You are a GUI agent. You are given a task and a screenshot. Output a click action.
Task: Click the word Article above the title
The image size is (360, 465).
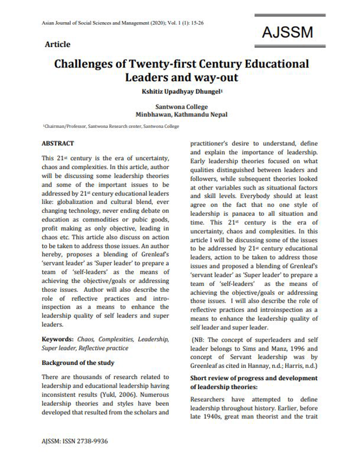click(57, 44)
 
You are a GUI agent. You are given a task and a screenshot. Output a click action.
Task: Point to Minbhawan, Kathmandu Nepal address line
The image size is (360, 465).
click(180, 115)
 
